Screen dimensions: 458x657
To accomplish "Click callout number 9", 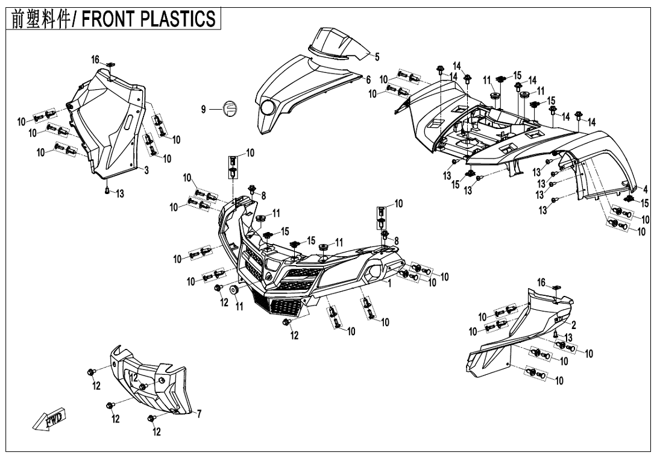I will click(204, 109).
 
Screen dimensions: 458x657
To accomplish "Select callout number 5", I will click(377, 57).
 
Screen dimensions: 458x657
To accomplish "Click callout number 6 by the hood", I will click(368, 80).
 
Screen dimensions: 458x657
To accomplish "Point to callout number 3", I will click(146, 171).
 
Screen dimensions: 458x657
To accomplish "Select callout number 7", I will click(200, 413).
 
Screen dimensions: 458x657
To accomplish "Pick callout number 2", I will click(574, 325).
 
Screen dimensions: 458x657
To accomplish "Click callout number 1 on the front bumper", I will click(390, 282).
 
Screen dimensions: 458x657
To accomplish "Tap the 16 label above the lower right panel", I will click(541, 282).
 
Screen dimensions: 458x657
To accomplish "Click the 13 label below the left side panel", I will click(121, 193).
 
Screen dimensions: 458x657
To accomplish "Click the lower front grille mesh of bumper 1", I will click(278, 305).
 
